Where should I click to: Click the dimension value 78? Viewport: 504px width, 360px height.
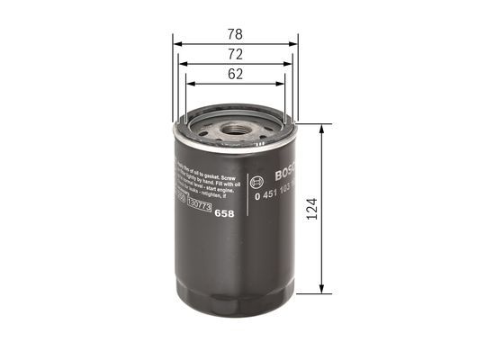(x=235, y=34)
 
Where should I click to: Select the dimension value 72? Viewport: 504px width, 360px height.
(x=235, y=55)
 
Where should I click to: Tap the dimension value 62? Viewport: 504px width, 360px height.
(x=235, y=75)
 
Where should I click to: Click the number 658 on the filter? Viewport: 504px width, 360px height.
(x=227, y=212)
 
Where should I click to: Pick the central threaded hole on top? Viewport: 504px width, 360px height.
(x=235, y=129)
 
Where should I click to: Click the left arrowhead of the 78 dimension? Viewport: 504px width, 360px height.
(x=176, y=42)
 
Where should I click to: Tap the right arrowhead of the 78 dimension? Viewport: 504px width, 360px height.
(x=293, y=42)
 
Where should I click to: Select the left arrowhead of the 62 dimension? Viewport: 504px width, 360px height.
(x=189, y=84)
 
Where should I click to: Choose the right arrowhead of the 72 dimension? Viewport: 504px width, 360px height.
(x=289, y=63)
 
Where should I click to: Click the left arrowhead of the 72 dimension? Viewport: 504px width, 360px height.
(x=182, y=63)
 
